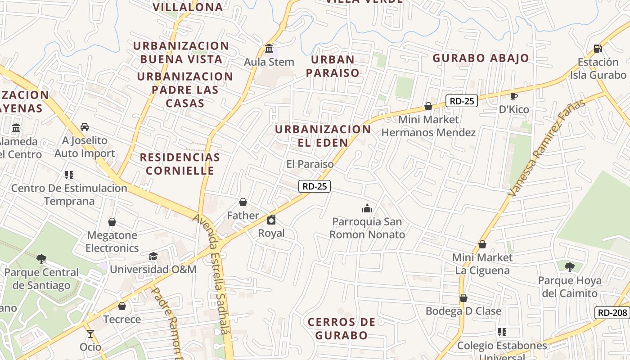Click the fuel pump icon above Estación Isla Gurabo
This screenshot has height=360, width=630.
(x=598, y=48)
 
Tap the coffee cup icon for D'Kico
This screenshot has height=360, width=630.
(x=514, y=96)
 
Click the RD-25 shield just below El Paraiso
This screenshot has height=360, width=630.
(x=315, y=186)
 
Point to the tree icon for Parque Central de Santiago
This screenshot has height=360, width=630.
(x=41, y=259)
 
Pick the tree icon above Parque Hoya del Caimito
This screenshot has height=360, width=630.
(x=570, y=267)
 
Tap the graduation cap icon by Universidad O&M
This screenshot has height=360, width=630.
(x=153, y=256)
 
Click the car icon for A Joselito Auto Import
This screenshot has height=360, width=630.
(x=85, y=126)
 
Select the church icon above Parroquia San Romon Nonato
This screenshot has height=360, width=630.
(x=367, y=208)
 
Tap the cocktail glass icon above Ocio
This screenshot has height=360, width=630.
(x=90, y=333)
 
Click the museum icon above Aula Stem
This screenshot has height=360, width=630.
(x=269, y=48)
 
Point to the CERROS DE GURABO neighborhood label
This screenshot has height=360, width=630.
(x=342, y=328)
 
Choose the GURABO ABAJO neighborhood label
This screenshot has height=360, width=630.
(x=481, y=58)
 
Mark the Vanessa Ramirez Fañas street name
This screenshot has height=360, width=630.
(x=546, y=148)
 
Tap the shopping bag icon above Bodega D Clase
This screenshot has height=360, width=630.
(x=463, y=298)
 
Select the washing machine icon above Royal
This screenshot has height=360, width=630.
(x=271, y=220)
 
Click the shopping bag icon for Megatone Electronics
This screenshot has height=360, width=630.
(x=112, y=222)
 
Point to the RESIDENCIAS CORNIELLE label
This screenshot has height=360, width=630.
(x=180, y=164)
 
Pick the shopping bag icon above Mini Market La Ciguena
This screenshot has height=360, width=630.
(x=482, y=244)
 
